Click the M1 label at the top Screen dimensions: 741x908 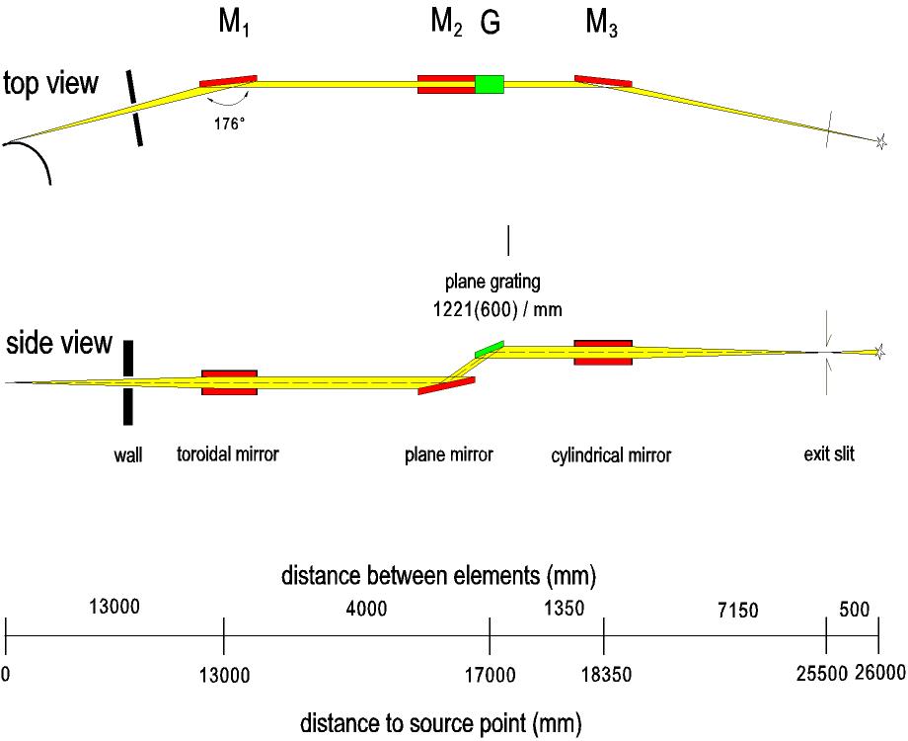tap(234, 26)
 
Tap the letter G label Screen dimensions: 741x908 tap(490, 26)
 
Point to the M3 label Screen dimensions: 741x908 tap(602, 26)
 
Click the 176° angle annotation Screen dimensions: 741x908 tap(229, 125)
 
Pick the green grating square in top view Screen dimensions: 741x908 tap(490, 84)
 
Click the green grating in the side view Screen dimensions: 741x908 tap(489, 349)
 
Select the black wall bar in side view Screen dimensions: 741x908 tap(127, 380)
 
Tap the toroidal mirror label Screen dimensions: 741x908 tap(228, 455)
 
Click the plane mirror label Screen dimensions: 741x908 tap(448, 455)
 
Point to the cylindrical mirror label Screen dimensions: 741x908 tap(611, 455)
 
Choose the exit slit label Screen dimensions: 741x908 tap(829, 455)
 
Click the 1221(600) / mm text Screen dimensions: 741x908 tap(491, 308)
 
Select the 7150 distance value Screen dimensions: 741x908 tap(738, 611)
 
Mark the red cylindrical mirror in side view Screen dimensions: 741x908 tap(603, 353)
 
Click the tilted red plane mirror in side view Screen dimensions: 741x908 tap(447, 385)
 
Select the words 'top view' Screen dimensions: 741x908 tap(51, 84)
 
